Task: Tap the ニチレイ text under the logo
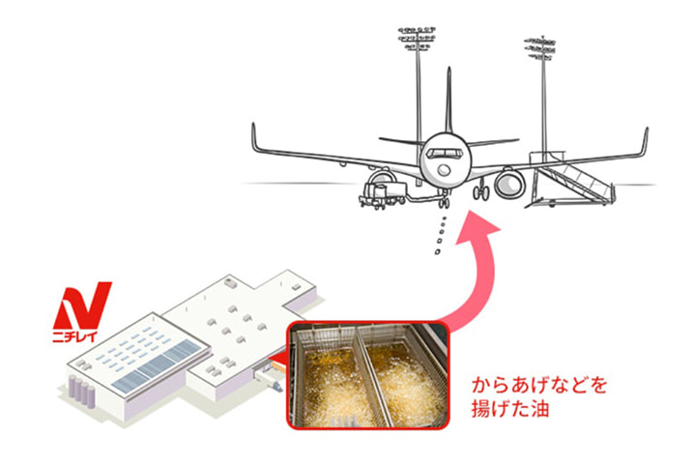click(81, 339)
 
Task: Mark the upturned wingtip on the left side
click(254, 134)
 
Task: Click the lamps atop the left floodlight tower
click(413, 39)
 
